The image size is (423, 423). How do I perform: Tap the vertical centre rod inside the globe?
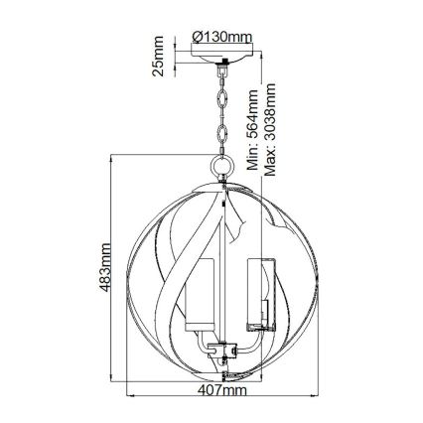pos(226,258)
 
